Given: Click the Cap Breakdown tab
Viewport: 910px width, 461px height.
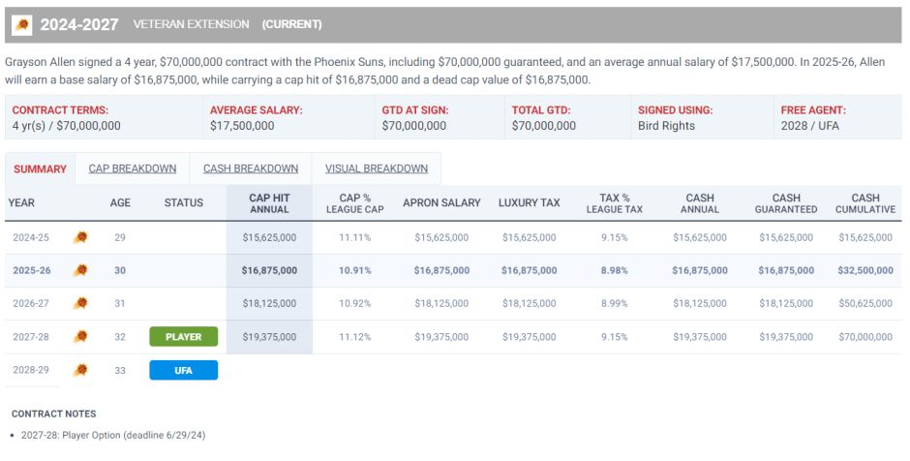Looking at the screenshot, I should [133, 169].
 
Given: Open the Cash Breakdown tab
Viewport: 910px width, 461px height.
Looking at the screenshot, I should [251, 169].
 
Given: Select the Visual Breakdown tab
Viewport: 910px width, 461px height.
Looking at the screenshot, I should [377, 169].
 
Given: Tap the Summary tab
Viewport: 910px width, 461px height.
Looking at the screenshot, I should [41, 169].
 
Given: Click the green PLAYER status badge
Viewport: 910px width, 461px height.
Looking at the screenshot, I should [183, 337].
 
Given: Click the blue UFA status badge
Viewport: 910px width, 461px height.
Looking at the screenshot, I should [183, 370].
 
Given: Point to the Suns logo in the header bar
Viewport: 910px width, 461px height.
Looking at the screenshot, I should [21, 24].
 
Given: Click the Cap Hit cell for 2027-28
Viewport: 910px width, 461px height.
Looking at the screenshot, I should [269, 337].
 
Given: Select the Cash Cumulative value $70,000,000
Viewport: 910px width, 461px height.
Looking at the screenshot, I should [864, 337].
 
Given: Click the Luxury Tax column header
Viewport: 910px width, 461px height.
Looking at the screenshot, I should [529, 203].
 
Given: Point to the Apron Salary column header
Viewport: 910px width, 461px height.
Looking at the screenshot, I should [441, 203].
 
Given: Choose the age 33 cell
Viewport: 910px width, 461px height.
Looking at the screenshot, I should [120, 370].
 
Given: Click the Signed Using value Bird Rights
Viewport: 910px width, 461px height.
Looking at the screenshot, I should [666, 126].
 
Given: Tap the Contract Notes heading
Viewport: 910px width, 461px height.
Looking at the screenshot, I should [53, 414].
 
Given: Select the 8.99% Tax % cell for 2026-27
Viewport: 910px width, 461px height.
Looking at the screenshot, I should [614, 304].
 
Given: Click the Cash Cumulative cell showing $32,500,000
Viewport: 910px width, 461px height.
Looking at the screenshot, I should [864, 270].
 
